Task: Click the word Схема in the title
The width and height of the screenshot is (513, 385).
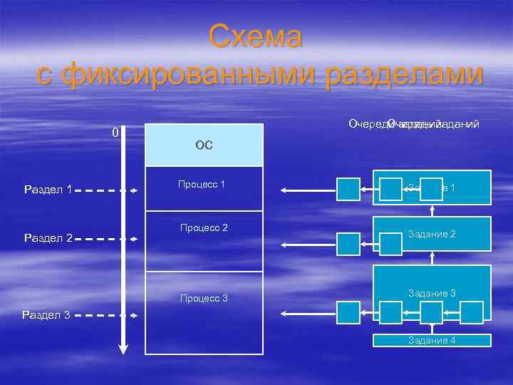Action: pos(256,37)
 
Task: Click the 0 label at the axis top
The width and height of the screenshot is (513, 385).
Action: pos(115,133)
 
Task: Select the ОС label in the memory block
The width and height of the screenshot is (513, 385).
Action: pos(204,145)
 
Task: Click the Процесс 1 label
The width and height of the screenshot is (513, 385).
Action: pos(202,185)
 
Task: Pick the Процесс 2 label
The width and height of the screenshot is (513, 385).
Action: pos(204,227)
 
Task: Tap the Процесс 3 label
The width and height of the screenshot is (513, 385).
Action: pos(204,297)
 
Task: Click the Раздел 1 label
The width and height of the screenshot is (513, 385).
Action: pos(48,190)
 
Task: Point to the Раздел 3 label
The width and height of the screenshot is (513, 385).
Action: pos(46,314)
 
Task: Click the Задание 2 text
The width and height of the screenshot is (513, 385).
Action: pos(432,233)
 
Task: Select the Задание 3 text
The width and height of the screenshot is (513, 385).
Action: pos(432,293)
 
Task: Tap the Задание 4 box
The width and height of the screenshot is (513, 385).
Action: pos(432,340)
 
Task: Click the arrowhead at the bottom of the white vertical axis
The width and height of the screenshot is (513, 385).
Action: pos(123,349)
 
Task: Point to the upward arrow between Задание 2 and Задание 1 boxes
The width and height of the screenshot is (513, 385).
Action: pos(432,210)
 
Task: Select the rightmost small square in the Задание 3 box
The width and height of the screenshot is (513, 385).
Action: pos(471,311)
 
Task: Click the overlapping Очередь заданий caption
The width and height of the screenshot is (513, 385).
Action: pos(413,124)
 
